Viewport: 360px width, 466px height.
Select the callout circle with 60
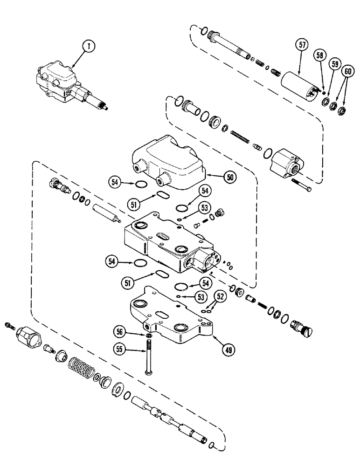tap(347, 71)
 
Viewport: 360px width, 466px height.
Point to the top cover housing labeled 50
tap(168, 158)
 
